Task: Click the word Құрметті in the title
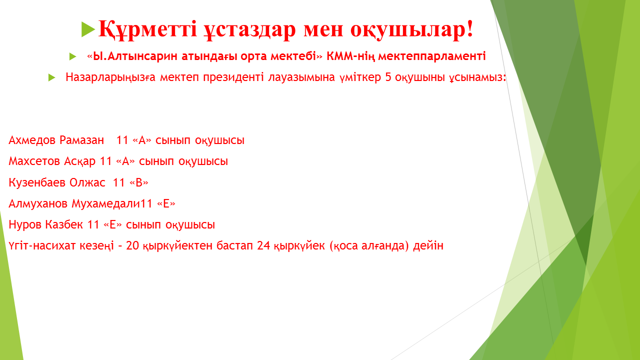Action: [x=147, y=29]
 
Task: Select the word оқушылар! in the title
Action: [x=411, y=29]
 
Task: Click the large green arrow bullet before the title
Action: [x=88, y=29]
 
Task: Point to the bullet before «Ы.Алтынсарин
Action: [x=72, y=56]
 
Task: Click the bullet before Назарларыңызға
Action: [x=51, y=77]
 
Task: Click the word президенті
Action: [x=233, y=77]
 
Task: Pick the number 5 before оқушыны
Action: [x=388, y=77]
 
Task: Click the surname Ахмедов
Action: [x=32, y=140]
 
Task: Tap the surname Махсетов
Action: [x=34, y=161]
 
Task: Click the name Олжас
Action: [x=87, y=182]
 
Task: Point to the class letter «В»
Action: [x=139, y=182]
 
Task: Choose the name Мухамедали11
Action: [x=112, y=203]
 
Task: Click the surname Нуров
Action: [x=25, y=225]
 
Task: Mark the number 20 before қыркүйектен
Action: [x=132, y=245]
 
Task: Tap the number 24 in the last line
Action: [x=263, y=245]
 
